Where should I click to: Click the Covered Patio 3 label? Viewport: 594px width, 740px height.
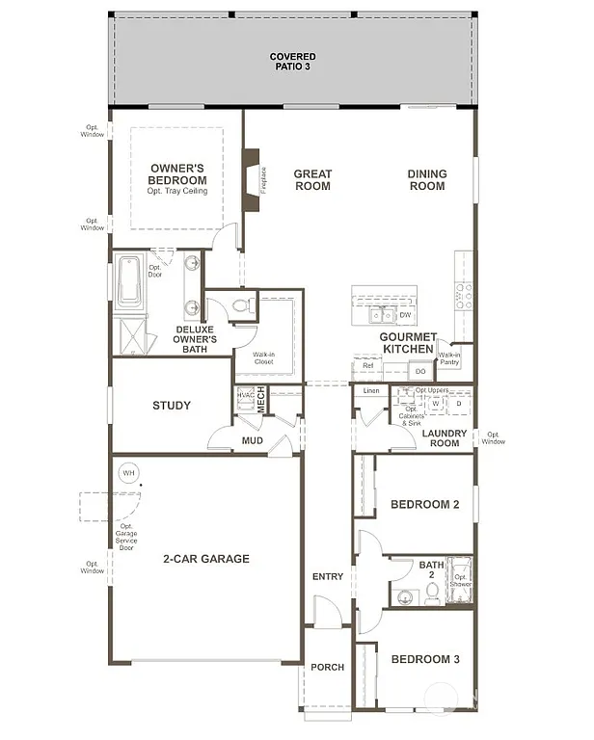point(292,63)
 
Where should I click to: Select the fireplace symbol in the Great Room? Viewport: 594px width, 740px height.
point(253,180)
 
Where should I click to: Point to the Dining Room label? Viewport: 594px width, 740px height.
point(426,180)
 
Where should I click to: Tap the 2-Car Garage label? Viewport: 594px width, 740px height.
point(205,559)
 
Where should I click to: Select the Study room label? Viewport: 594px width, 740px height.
point(172,406)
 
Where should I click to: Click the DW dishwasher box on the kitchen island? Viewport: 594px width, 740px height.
point(405,315)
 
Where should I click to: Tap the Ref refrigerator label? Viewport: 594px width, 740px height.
point(367,366)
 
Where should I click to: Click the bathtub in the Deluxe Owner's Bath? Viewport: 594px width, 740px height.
point(128,279)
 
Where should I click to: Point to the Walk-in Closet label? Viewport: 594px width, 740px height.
point(263,357)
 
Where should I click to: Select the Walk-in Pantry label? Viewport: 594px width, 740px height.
point(449,358)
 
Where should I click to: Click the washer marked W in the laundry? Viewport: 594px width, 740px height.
point(435,404)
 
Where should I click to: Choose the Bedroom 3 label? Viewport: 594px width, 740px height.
point(424,660)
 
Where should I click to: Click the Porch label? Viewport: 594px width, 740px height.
point(327,668)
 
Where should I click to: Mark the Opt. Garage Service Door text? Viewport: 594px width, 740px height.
point(126,540)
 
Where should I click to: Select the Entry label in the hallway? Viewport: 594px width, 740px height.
point(328,577)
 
